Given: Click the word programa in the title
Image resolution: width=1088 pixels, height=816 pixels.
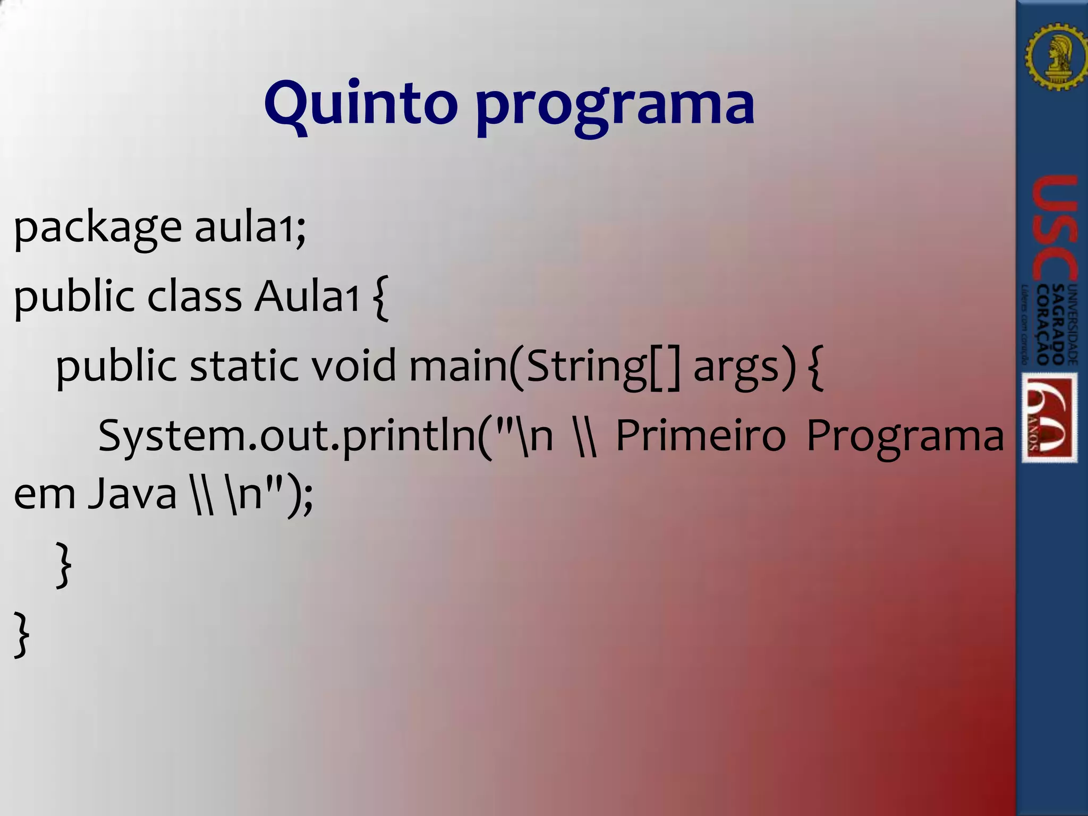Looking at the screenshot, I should (615, 106).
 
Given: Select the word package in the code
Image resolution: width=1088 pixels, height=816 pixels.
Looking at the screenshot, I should (98, 228).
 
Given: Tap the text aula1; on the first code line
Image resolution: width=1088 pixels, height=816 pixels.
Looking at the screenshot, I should (250, 227).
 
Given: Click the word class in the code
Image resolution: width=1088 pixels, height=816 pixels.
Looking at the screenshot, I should (194, 296).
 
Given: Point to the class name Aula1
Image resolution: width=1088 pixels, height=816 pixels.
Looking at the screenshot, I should (307, 296).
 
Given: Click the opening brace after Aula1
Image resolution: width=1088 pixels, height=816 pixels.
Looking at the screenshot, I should (381, 297).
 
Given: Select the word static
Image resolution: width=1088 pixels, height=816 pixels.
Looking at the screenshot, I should (243, 366).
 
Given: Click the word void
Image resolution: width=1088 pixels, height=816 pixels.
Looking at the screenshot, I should (353, 366).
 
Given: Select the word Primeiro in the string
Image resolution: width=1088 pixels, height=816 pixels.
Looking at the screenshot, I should (700, 436).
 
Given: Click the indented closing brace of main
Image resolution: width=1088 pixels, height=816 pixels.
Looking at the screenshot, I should (63, 564).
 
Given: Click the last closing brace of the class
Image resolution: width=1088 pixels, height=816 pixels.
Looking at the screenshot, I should (21, 634).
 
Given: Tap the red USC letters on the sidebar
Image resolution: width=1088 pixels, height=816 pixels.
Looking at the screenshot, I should (1054, 228).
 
